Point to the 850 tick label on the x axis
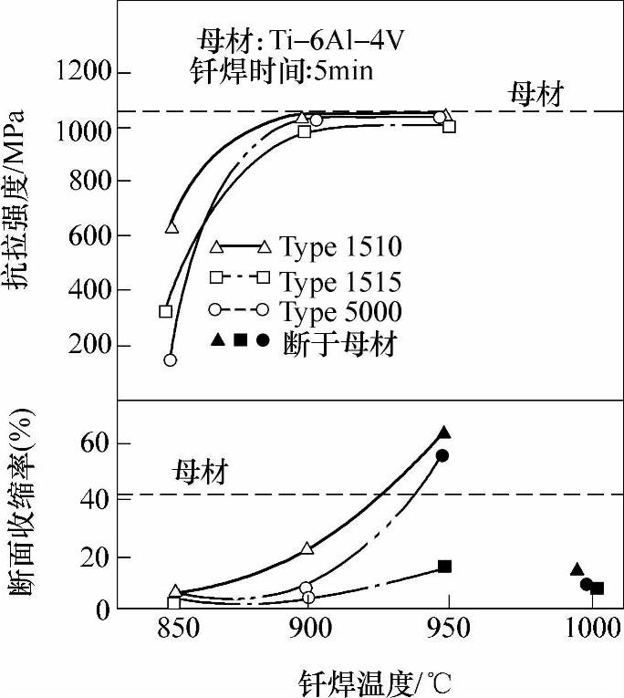[172, 627]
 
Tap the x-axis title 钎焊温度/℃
[375, 680]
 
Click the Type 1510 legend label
[341, 246]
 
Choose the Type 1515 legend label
[341, 279]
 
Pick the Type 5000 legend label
[341, 312]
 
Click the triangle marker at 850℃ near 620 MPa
[172, 227]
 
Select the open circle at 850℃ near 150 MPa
[170, 359]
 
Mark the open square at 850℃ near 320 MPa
[165, 311]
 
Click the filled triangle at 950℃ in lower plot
[444, 432]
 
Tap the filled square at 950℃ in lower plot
[444, 567]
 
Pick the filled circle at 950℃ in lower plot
[442, 455]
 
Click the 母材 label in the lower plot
[198, 474]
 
